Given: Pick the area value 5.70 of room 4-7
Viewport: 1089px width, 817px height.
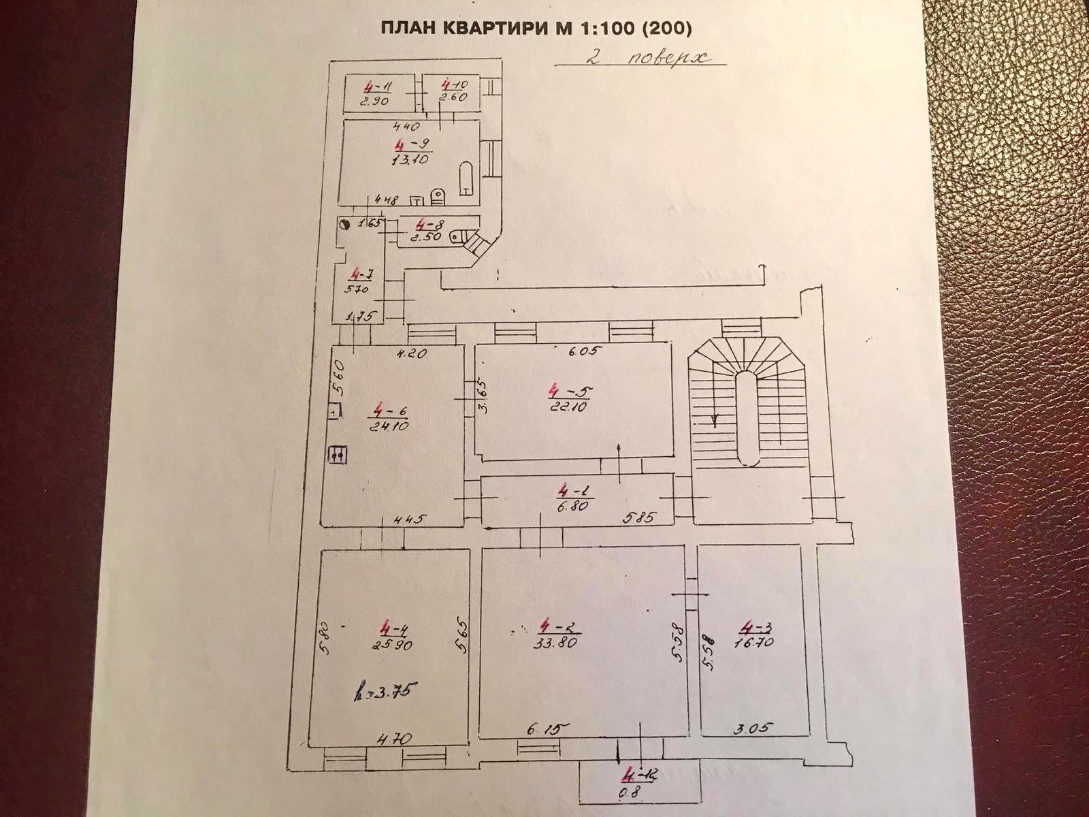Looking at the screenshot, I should pyautogui.click(x=357, y=288).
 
